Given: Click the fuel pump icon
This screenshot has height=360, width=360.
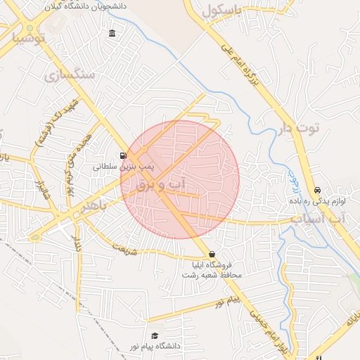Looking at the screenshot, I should tap(124, 156).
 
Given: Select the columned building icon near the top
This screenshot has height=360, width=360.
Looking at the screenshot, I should tap(112, 34).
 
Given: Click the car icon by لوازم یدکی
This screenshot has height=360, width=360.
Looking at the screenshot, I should tap(318, 190).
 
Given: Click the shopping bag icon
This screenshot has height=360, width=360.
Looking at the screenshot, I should tap(212, 254).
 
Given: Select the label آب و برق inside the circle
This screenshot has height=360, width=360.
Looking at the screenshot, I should tap(162, 185).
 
